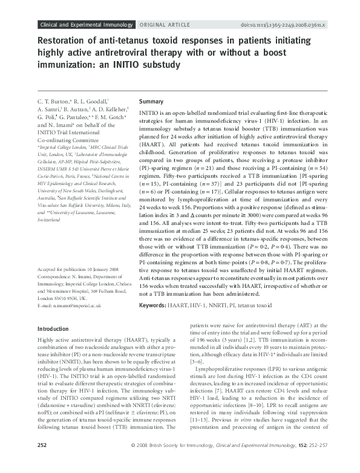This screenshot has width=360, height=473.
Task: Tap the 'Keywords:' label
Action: tap(154, 306)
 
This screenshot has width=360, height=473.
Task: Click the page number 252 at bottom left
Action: tap(43, 462)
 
